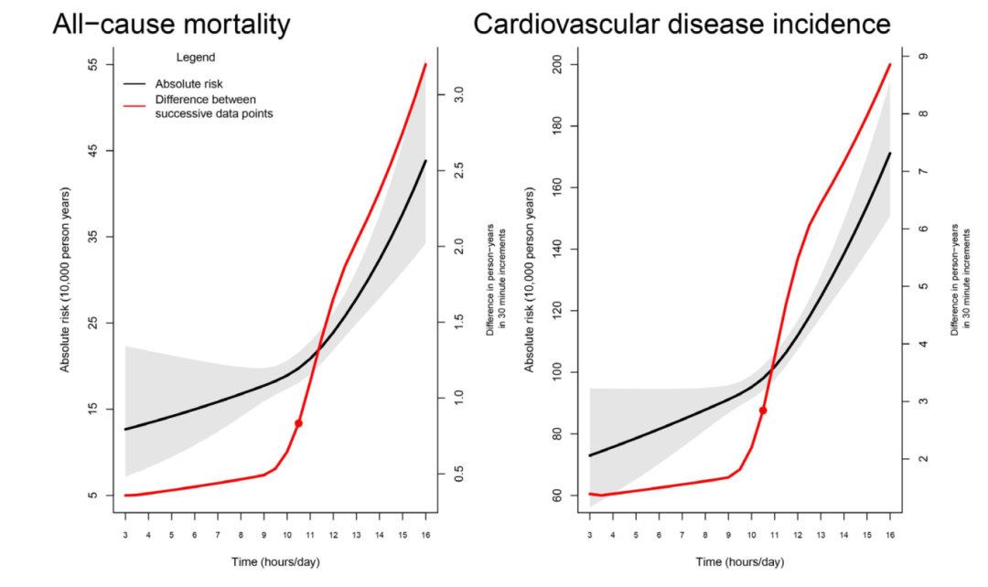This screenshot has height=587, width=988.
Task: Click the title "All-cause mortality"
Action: pos(170,24)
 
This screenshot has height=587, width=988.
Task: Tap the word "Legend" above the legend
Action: pos(195,58)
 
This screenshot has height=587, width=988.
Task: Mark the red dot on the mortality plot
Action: pos(298,423)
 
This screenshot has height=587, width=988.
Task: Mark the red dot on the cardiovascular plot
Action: pos(763,411)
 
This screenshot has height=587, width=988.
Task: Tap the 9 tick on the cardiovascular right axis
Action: pos(923,57)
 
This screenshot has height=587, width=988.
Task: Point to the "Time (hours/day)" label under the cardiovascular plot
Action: pos(739,561)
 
